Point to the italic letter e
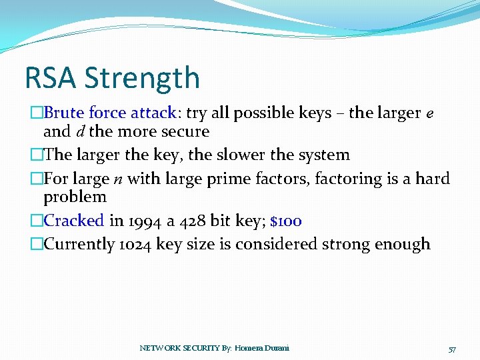[430, 114]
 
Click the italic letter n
[117, 179]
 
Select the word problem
[75, 197]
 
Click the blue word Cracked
[73, 220]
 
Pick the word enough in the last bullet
[403, 244]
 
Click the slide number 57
[452, 349]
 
